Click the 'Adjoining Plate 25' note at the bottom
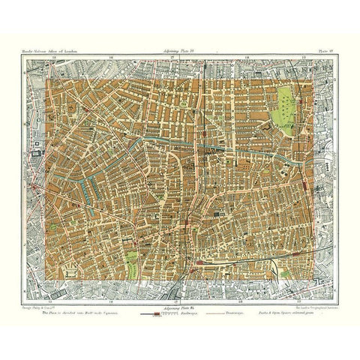(176, 298)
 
